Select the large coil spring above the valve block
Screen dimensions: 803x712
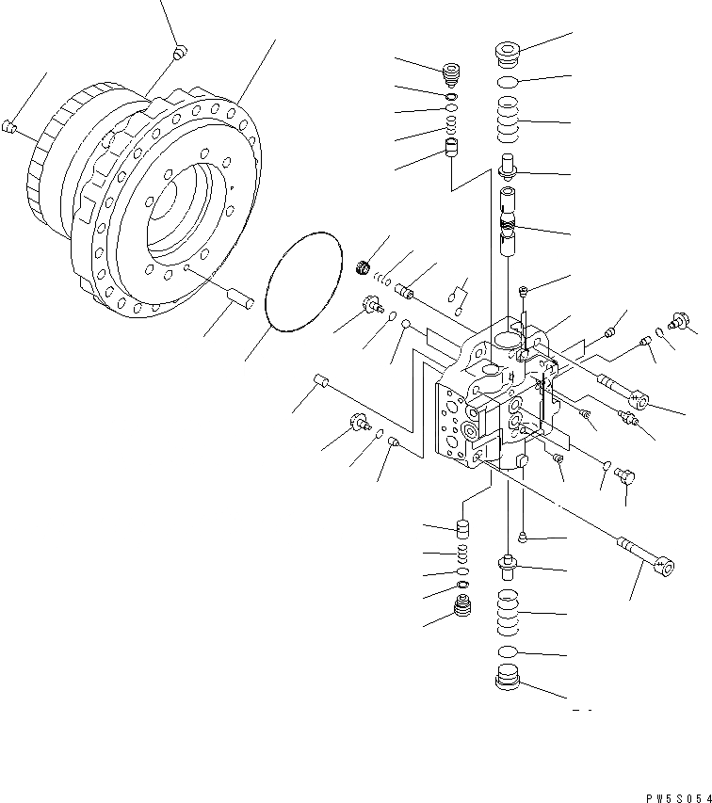click(x=509, y=122)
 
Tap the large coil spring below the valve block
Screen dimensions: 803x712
click(x=509, y=612)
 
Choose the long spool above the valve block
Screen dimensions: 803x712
click(x=509, y=231)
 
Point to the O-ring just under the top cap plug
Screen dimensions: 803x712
click(x=509, y=83)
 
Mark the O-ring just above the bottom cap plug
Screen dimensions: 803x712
click(x=508, y=651)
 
